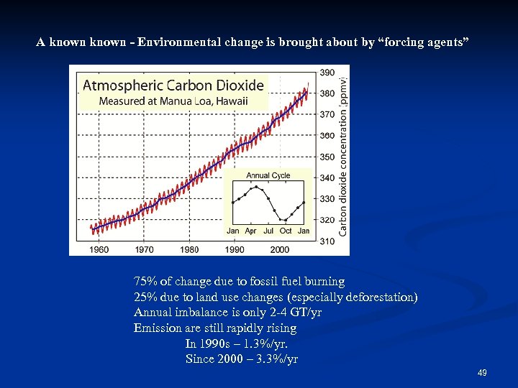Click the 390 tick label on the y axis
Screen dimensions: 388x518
(x=327, y=73)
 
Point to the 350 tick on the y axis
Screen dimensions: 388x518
(x=327, y=157)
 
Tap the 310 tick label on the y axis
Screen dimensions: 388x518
(x=327, y=241)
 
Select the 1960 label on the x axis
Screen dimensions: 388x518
(x=99, y=249)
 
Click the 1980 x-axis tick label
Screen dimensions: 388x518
(x=189, y=249)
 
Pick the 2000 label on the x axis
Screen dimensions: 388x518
(x=280, y=249)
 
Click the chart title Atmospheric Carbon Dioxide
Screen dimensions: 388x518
(x=173, y=85)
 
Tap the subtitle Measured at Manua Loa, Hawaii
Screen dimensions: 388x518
(x=173, y=101)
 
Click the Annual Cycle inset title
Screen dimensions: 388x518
(x=268, y=175)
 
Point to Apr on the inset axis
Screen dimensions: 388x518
(x=250, y=231)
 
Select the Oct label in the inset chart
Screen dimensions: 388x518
(x=286, y=231)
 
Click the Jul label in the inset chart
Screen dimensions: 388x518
(x=268, y=231)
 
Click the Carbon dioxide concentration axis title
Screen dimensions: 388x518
(x=343, y=156)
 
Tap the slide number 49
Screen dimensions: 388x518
(x=482, y=373)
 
